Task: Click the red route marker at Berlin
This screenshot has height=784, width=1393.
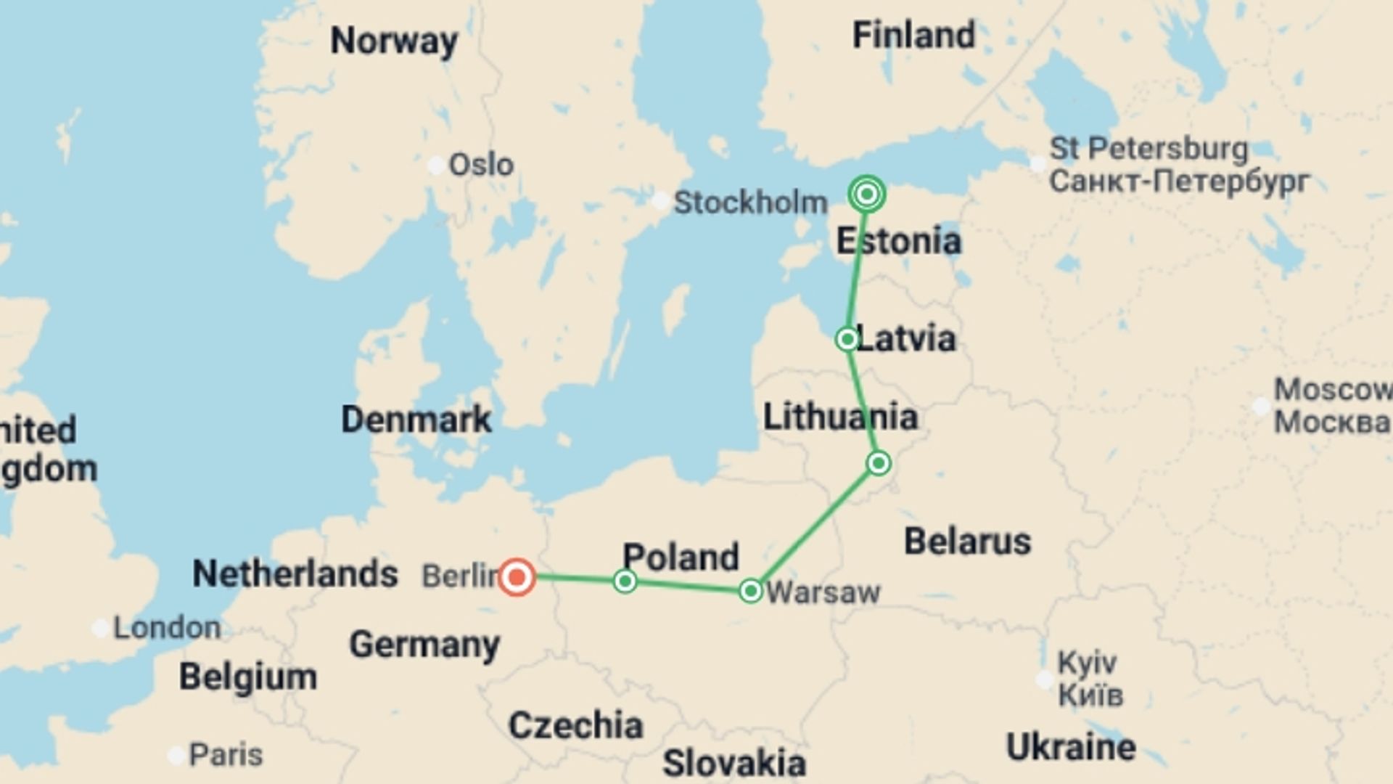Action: (517, 578)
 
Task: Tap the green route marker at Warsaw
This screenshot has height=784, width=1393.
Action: (751, 591)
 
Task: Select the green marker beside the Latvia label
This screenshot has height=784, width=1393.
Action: (847, 339)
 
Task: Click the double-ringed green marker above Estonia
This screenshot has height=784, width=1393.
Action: (866, 194)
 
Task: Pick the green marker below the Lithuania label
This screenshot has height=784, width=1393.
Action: (879, 463)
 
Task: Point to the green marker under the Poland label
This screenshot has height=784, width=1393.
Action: (625, 581)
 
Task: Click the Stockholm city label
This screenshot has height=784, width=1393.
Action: (750, 202)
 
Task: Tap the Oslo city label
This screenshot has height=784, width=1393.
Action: (481, 165)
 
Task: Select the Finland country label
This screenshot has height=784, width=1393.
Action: (913, 35)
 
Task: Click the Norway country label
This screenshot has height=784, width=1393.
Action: (394, 41)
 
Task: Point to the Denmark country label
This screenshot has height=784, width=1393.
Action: (416, 419)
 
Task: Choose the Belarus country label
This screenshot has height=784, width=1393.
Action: (967, 542)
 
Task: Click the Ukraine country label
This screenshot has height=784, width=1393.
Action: (1071, 747)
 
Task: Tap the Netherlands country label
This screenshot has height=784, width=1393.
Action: (295, 573)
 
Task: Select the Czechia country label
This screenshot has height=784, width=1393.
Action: (575, 725)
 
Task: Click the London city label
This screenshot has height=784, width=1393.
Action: (167, 628)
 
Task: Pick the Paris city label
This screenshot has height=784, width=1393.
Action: (226, 755)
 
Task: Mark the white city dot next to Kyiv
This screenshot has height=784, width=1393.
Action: (1044, 679)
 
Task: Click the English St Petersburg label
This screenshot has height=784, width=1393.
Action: (1148, 149)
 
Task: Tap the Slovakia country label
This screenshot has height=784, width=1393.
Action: (734, 763)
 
